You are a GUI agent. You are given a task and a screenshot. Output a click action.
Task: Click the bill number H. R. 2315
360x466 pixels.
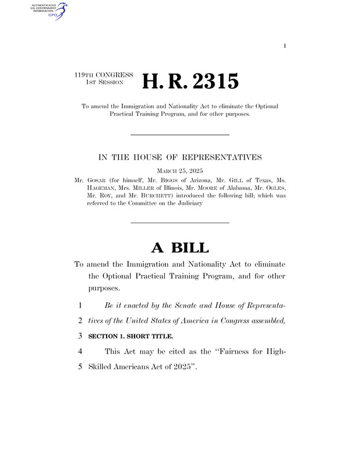tap(192, 82)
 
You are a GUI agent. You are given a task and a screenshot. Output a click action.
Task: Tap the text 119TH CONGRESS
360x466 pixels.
tap(104, 75)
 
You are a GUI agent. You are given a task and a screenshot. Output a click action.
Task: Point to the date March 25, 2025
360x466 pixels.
tap(179, 171)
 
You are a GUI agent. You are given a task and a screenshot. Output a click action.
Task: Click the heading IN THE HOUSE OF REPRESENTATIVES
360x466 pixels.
tap(179, 157)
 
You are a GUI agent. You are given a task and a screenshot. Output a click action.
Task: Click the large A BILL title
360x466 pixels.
tap(179, 248)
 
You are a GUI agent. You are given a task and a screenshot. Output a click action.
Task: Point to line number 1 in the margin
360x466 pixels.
tap(79, 305)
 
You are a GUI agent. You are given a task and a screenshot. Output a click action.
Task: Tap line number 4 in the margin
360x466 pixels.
tap(79, 351)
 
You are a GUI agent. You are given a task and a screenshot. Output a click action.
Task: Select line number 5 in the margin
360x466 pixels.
tap(79, 366)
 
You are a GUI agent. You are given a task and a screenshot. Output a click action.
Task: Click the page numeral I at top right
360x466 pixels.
tap(285, 45)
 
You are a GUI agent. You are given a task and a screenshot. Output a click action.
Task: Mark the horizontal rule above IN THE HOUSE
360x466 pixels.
tap(179, 135)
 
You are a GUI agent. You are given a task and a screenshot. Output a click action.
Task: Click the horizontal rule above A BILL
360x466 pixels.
tap(179, 223)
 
